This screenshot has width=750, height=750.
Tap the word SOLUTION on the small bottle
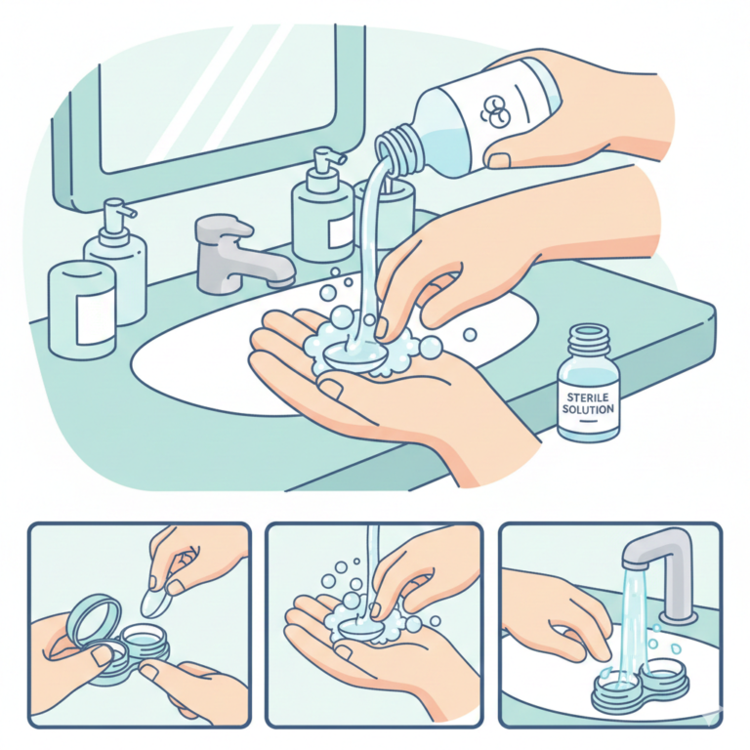pos(588,409)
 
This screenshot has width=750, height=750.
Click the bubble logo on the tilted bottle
pos(493,109)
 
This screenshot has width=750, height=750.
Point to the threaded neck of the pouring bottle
pos(398,148)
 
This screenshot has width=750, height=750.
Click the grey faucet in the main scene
pos(239,254)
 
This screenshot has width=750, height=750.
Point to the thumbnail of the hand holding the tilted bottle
pos(499,160)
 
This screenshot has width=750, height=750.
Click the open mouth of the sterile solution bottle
pos(589,330)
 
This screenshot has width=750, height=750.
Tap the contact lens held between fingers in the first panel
pos(155,604)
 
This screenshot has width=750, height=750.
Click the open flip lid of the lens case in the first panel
pos(94,617)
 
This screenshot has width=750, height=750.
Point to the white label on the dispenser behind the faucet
pos(340,231)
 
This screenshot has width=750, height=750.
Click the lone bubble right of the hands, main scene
pos(470,334)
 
